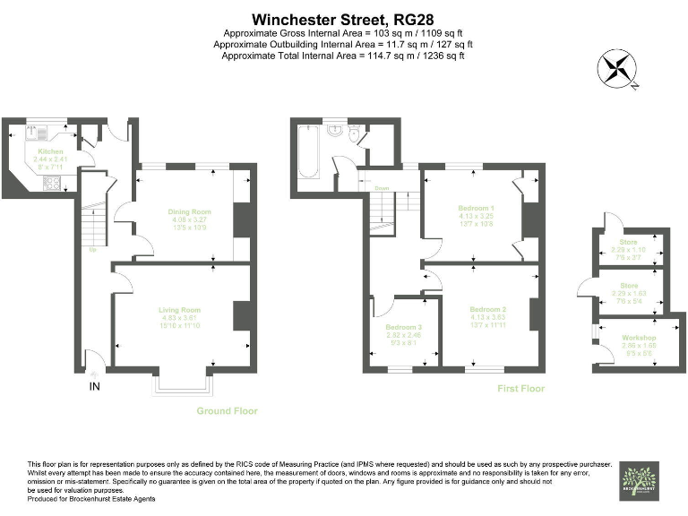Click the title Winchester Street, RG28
point(343,18)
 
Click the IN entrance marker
point(94,386)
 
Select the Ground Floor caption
point(227,411)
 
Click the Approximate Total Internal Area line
point(343,56)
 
